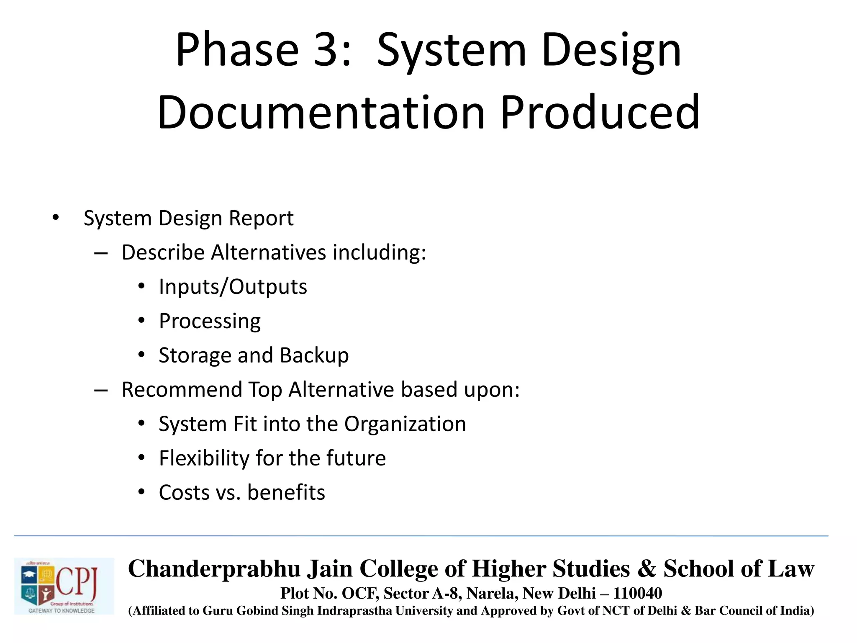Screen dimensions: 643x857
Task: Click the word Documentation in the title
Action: click(x=321, y=112)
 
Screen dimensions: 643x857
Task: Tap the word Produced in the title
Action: click(x=600, y=112)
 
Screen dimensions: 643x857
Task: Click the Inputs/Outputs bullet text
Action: click(x=233, y=287)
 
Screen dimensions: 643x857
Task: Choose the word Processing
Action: click(x=210, y=321)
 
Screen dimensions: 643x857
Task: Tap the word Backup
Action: click(x=314, y=355)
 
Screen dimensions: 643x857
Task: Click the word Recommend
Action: click(x=182, y=390)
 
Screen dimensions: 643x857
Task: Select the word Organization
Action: click(x=405, y=424)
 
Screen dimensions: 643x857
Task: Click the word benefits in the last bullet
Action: click(x=286, y=492)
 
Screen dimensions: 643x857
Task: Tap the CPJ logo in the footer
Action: click(x=64, y=586)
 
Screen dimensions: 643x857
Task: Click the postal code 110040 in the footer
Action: click(x=637, y=593)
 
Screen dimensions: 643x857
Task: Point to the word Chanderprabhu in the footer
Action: click(x=214, y=569)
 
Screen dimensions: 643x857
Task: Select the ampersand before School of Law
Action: click(x=647, y=569)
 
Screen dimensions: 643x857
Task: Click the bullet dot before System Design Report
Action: click(x=56, y=218)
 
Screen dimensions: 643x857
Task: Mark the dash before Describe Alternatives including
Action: click(x=101, y=253)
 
